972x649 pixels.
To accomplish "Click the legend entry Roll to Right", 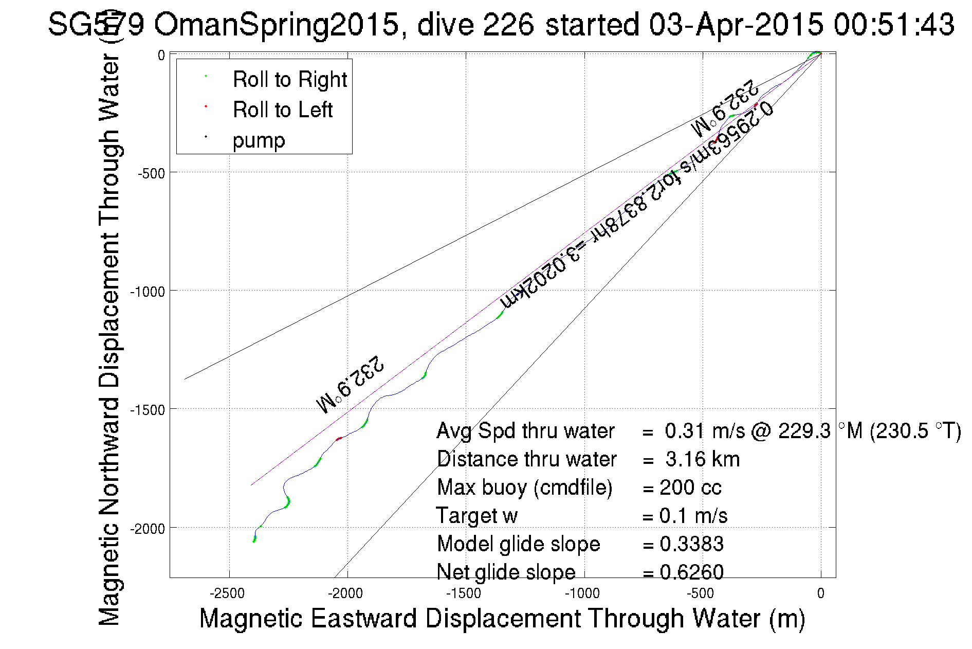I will coord(289,80).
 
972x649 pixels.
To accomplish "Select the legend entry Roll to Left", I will coord(282,110).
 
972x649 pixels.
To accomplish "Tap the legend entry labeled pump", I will coord(259,140).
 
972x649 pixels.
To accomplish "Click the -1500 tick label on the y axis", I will coord(148,410).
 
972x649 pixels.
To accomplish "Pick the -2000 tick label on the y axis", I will coord(148,529).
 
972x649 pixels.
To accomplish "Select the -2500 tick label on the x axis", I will coord(227,593).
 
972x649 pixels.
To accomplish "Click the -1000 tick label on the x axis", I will coord(582,593).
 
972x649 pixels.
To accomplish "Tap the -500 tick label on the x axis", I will coord(701,593).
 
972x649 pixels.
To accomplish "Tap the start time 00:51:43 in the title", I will coord(894,24).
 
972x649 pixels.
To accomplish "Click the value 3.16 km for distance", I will coord(702,459).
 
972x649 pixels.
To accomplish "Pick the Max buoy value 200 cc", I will coord(690,488).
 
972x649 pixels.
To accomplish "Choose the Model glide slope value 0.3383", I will coord(691,544).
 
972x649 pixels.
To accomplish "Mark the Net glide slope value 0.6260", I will coord(691,572).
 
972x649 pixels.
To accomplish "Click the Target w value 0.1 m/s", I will coord(693,516).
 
